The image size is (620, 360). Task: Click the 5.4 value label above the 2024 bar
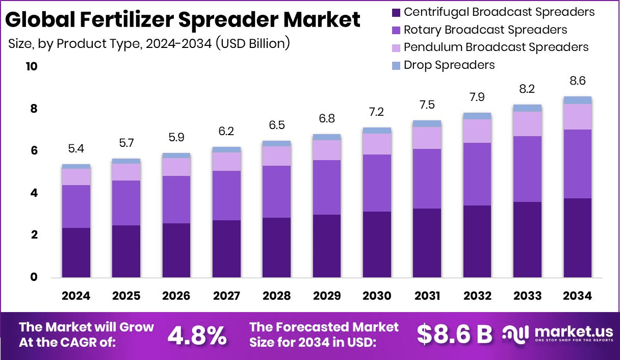[x=76, y=149]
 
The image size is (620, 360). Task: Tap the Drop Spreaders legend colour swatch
[x=396, y=65]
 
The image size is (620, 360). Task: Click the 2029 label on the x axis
[x=327, y=296]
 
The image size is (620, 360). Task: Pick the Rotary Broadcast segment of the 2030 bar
[x=377, y=183]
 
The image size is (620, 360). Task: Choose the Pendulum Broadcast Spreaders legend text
[x=496, y=47]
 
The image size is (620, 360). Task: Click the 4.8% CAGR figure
[x=197, y=335]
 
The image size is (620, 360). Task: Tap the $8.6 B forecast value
[x=454, y=334]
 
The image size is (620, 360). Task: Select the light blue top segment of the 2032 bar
[x=477, y=116]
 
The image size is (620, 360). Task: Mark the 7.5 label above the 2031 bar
[x=427, y=105]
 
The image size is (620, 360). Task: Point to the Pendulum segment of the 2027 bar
[x=226, y=162]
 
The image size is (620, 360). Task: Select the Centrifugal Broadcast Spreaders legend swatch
[x=396, y=12]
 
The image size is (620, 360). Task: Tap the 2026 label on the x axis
[x=176, y=296]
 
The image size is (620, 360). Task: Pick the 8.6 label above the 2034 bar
[x=578, y=81]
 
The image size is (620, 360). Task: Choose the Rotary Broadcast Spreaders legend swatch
[x=396, y=30]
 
